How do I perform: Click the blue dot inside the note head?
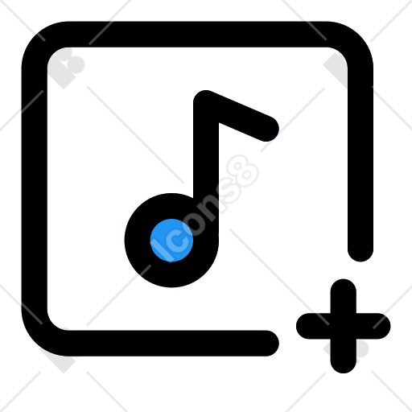tap(171, 240)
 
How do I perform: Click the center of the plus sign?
tap(344, 326)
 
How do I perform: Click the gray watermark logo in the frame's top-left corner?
tap(67, 68)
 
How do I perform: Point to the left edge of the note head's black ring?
tap(131, 240)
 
